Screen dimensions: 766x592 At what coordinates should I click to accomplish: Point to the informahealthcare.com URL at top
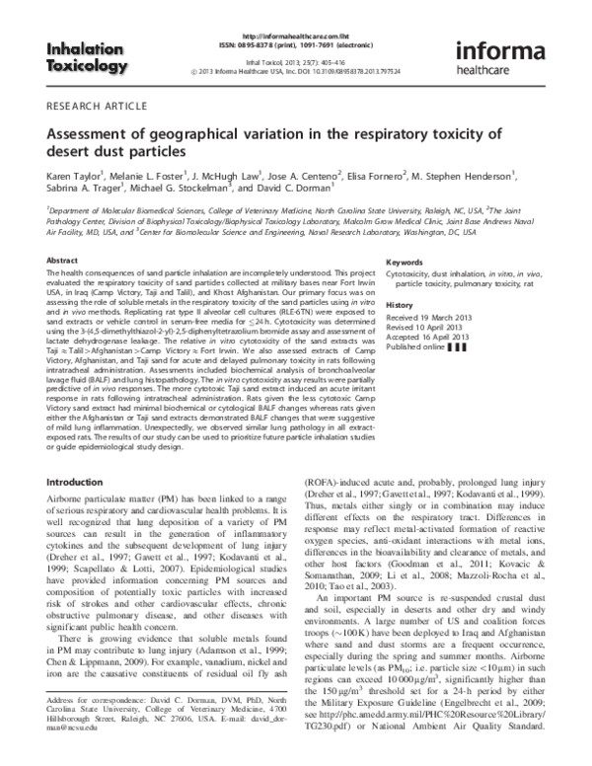296,8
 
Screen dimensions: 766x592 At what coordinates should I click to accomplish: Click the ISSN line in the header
296,17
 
